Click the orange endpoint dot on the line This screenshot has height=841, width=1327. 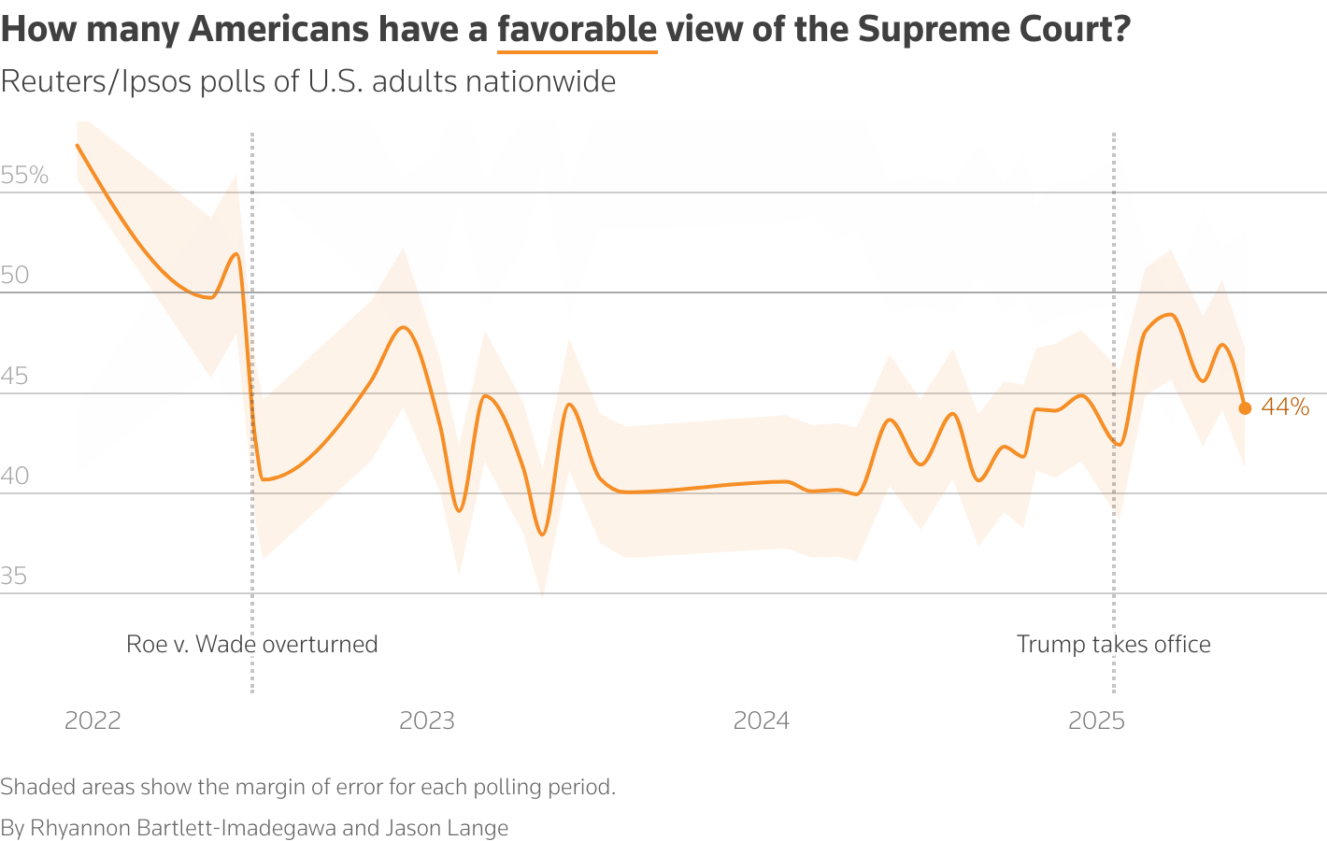pyautogui.click(x=1245, y=407)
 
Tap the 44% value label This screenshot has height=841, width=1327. pyautogui.click(x=1285, y=407)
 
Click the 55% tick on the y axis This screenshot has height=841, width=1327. pyautogui.click(x=24, y=176)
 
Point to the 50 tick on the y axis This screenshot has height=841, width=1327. pyautogui.click(x=15, y=276)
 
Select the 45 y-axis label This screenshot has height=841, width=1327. pyautogui.click(x=15, y=377)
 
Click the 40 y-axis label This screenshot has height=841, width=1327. pyautogui.click(x=15, y=477)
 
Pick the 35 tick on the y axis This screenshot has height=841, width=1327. pyautogui.click(x=14, y=577)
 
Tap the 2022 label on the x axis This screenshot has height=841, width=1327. pyautogui.click(x=93, y=720)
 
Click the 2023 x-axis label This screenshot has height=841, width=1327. pyautogui.click(x=427, y=720)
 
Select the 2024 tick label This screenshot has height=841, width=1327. pyautogui.click(x=762, y=720)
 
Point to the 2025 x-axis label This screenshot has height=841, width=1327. pyautogui.click(x=1097, y=720)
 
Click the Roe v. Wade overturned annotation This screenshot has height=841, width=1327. pyautogui.click(x=251, y=645)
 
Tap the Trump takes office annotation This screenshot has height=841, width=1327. pyautogui.click(x=1113, y=645)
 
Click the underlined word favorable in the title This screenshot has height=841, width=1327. pyautogui.click(x=577, y=30)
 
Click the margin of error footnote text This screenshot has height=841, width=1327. pyautogui.click(x=307, y=787)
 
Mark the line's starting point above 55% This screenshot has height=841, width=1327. pyautogui.click(x=78, y=145)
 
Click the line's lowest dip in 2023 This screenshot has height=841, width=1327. pyautogui.click(x=542, y=534)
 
